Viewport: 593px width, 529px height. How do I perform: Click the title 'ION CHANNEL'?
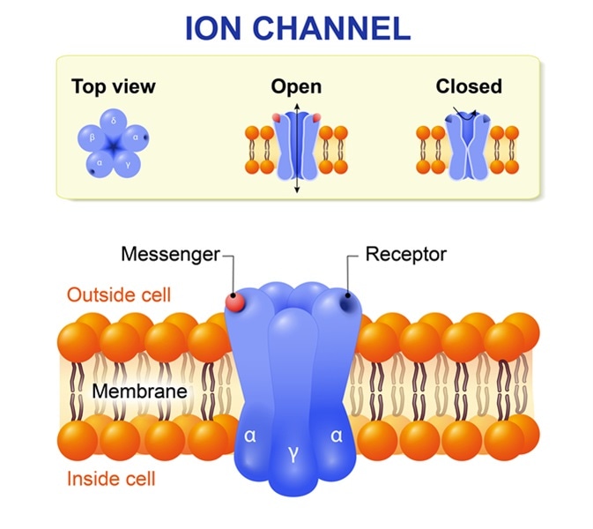pos(297,28)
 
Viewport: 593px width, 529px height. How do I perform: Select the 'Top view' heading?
pos(113,86)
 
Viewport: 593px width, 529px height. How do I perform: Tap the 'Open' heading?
pos(296,86)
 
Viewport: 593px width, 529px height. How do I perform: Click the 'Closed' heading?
pos(468,86)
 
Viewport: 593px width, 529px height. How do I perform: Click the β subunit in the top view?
pos(92,138)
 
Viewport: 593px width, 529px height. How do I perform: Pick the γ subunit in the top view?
pos(128,163)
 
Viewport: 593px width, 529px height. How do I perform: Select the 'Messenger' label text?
pos(170,255)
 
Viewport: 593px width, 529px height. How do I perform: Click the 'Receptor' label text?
pos(406,255)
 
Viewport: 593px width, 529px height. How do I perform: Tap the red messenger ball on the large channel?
pos(235,302)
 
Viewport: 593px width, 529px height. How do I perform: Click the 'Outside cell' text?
pos(119,294)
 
